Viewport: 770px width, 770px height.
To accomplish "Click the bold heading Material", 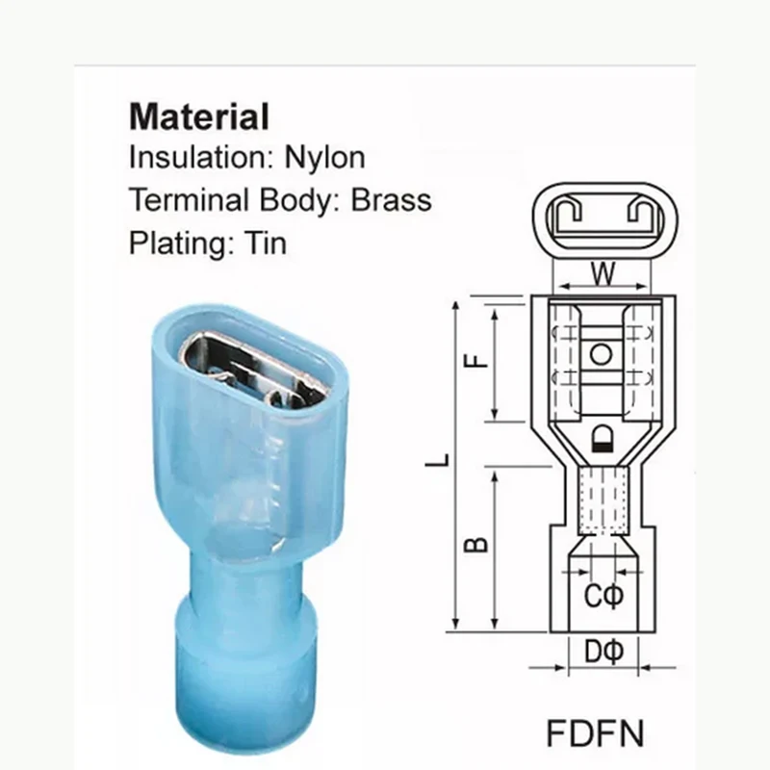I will (199, 117).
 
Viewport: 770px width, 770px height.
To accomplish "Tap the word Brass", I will (391, 200).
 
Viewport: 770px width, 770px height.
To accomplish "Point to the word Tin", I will (264, 244).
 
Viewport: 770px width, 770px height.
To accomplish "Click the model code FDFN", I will (598, 731).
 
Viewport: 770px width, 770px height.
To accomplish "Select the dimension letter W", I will (603, 275).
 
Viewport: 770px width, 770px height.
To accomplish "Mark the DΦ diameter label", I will (603, 653).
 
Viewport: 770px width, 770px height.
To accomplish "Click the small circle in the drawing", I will (602, 354).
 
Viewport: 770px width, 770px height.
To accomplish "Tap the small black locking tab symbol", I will (603, 441).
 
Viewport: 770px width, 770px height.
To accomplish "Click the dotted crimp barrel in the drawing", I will (603, 500).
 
